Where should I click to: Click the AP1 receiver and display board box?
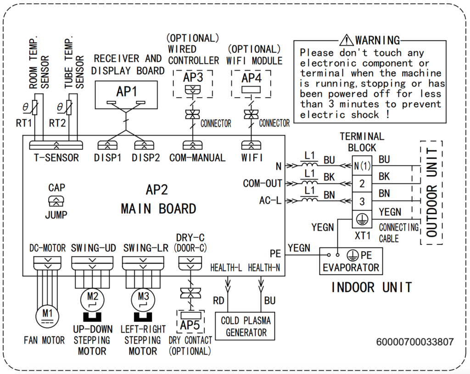pyautogui.click(x=127, y=95)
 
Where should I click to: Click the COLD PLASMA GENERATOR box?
pyautogui.click(x=246, y=326)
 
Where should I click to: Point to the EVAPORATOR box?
pyautogui.click(x=351, y=262)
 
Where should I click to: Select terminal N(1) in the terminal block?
pyautogui.click(x=362, y=165)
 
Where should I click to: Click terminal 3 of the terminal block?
pyautogui.click(x=362, y=201)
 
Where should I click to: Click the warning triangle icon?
pyautogui.click(x=347, y=40)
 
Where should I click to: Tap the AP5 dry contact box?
pyautogui.click(x=189, y=319)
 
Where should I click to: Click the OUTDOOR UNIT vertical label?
pyautogui.click(x=431, y=192)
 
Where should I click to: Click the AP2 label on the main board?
pyautogui.click(x=157, y=190)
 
